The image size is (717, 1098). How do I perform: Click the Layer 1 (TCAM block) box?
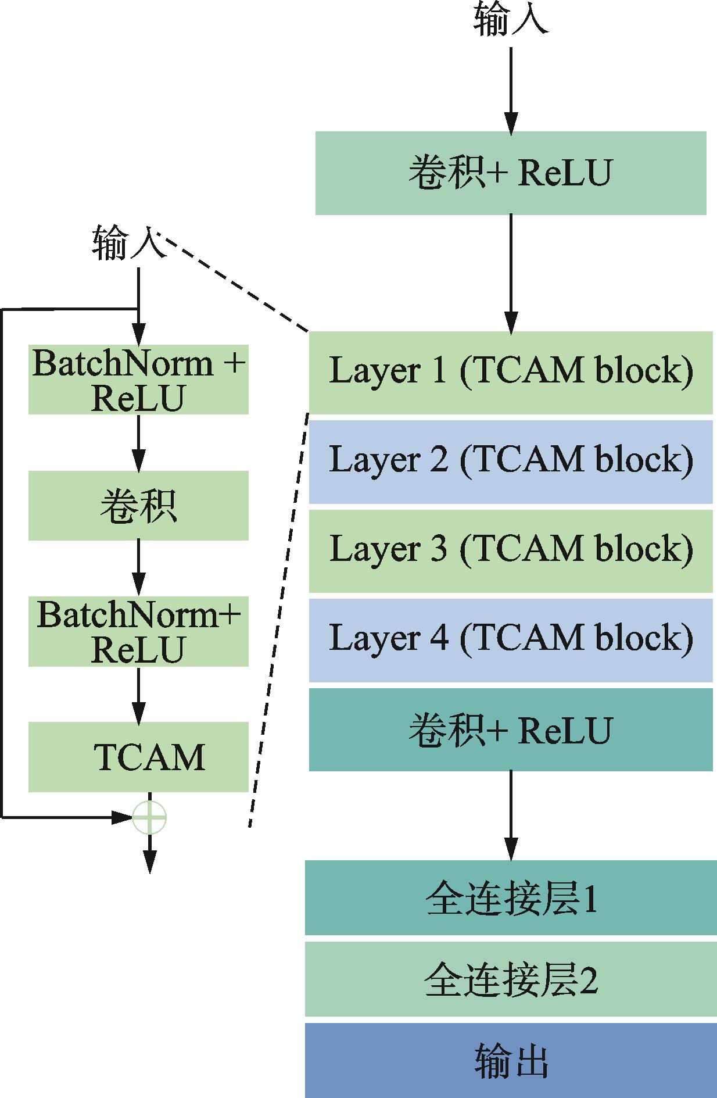[x=510, y=373]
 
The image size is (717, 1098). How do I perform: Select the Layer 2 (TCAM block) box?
[x=510, y=462]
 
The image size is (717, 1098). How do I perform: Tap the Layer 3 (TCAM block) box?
[x=510, y=551]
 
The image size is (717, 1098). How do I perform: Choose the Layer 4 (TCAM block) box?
[x=510, y=640]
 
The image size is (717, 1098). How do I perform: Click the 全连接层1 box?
[x=510, y=897]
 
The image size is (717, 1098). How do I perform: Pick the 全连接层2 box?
[x=510, y=979]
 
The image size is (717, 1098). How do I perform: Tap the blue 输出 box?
[x=510, y=1060]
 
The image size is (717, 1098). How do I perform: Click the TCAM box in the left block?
[x=138, y=756]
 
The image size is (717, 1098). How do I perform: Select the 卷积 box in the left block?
[x=138, y=505]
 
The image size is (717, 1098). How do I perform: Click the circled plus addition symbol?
[x=150, y=817]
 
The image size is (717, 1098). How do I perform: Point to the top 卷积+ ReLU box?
[x=510, y=173]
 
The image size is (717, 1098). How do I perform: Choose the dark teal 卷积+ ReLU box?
[x=510, y=729]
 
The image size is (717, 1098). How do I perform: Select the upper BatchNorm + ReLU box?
[x=138, y=380]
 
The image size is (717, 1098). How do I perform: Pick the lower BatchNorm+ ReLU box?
[x=138, y=631]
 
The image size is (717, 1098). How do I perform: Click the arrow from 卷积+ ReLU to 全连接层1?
[x=511, y=814]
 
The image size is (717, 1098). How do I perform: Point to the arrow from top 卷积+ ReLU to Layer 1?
[x=511, y=273]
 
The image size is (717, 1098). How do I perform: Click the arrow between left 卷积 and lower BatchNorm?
[x=138, y=567]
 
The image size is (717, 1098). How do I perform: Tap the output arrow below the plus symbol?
[x=150, y=854]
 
